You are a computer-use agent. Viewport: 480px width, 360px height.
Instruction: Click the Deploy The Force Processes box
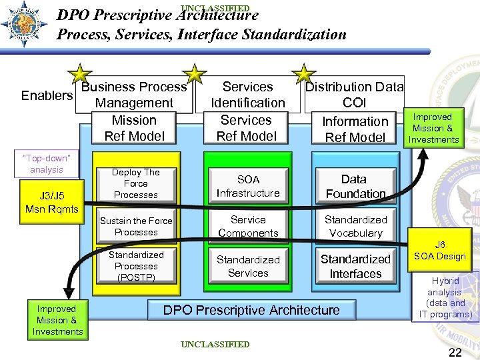(136, 183)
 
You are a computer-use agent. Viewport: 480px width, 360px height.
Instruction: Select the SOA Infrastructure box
(247, 186)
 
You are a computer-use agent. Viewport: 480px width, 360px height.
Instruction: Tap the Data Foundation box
(355, 186)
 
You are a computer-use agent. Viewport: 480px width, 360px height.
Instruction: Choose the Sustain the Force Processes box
(136, 227)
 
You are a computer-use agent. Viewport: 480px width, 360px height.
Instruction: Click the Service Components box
(248, 226)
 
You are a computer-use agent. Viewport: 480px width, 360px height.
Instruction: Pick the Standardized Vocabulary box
(355, 226)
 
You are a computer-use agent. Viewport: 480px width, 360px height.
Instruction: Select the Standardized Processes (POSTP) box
(136, 265)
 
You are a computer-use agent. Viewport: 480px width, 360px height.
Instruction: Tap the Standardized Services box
(248, 266)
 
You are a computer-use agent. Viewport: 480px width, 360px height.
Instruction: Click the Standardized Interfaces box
(355, 266)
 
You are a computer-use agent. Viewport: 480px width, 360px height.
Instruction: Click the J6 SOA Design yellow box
(441, 251)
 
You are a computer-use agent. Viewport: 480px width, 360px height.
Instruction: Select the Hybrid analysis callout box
(445, 297)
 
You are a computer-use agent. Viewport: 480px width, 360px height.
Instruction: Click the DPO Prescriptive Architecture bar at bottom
(251, 310)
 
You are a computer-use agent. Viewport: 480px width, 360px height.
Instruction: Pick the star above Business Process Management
(80, 75)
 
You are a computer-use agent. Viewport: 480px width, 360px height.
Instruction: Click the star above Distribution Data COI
(304, 75)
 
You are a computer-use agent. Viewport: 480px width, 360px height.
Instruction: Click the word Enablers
(47, 95)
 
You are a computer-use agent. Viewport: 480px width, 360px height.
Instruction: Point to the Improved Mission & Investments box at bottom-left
(57, 320)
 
